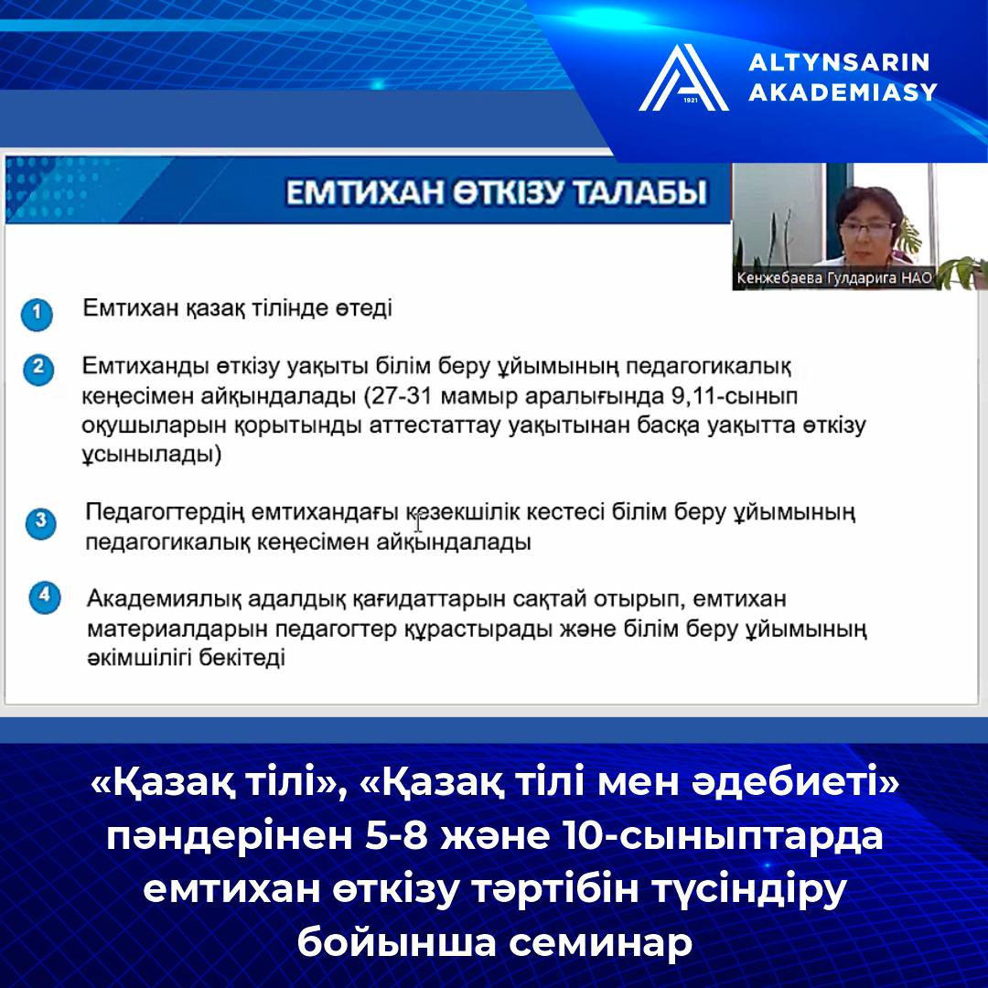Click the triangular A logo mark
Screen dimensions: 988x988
[x=683, y=78]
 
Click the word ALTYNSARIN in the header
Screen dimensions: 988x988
[x=839, y=62]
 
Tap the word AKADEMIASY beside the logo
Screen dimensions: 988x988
[x=843, y=92]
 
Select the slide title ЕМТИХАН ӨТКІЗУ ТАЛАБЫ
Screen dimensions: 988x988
[x=497, y=192]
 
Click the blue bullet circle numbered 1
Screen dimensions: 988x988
[x=37, y=314]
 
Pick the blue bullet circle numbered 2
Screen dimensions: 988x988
[x=38, y=369]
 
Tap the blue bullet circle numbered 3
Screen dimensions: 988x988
[x=41, y=523]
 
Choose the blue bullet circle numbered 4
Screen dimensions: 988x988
[x=45, y=597]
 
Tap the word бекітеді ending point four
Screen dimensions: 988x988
[x=242, y=658]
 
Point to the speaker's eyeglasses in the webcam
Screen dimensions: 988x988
[x=866, y=229]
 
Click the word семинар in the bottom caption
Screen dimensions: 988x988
[x=601, y=942]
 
